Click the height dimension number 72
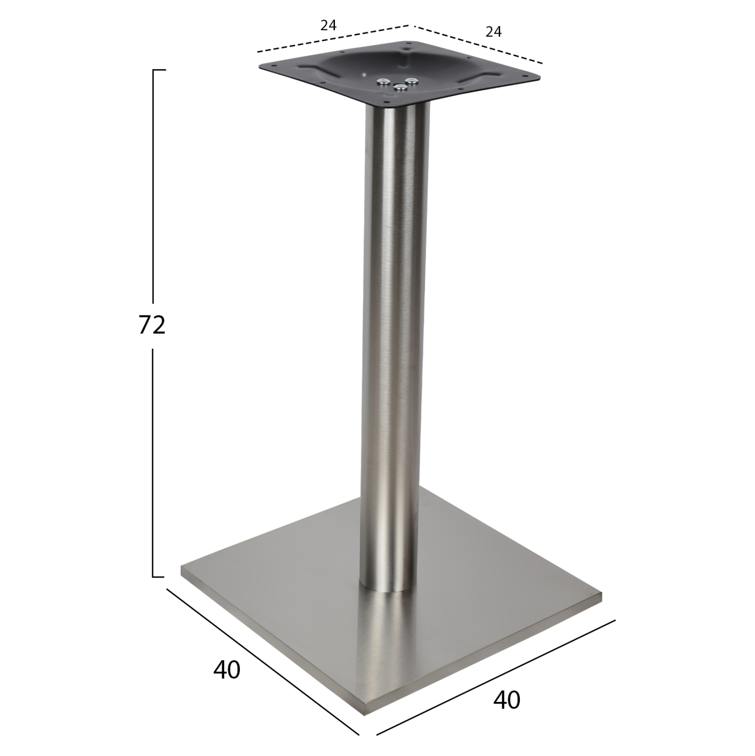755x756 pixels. click(152, 325)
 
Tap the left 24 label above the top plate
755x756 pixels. click(328, 25)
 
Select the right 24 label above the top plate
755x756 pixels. click(494, 32)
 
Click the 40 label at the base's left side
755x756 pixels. click(227, 670)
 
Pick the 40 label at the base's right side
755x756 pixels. click(507, 700)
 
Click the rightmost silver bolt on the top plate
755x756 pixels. click(413, 80)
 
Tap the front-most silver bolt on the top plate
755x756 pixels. click(400, 88)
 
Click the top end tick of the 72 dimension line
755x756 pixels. click(159, 70)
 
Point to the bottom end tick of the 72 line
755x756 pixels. click(159, 577)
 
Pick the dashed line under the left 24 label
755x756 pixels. click(332, 38)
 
